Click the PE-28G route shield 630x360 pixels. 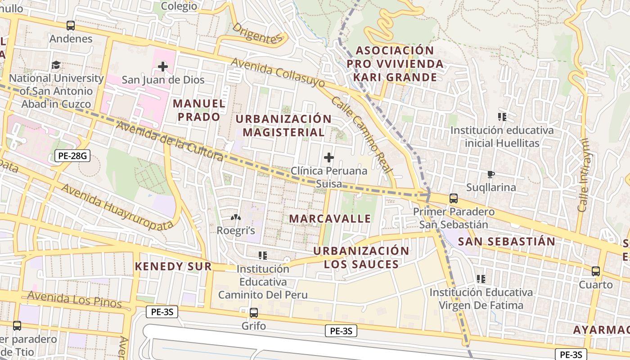point(72,156)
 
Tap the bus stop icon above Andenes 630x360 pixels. point(71,26)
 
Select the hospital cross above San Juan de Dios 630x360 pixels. point(163,67)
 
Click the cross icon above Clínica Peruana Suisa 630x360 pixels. point(329,157)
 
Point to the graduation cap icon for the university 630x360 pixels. point(56,65)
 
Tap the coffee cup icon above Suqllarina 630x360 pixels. point(490,174)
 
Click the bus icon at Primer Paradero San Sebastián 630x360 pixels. point(454,198)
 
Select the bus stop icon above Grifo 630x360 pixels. point(254,312)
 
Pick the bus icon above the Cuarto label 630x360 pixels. point(596,271)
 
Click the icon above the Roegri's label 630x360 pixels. point(235,218)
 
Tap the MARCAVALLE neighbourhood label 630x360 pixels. point(330,219)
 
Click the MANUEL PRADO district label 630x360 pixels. point(199,110)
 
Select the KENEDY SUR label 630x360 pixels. point(173,266)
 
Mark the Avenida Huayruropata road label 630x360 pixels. point(117,207)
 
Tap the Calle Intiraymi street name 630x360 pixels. point(584,175)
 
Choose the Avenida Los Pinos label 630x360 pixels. point(74,300)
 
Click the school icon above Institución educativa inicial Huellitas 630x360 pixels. point(502,117)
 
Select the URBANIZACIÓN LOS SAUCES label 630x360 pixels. point(361,257)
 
